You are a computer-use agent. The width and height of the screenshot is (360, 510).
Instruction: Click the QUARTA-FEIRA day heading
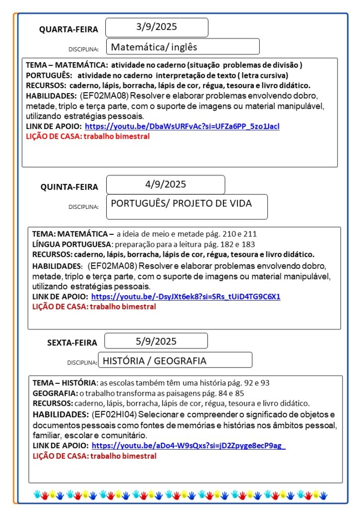click(69, 29)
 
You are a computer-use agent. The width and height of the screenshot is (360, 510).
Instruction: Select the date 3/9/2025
click(157, 27)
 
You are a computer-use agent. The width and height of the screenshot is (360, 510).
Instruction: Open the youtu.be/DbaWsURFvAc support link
click(182, 126)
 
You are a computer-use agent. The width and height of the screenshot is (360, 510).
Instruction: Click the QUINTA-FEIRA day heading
click(69, 187)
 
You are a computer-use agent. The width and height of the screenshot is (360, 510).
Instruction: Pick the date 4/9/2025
click(166, 184)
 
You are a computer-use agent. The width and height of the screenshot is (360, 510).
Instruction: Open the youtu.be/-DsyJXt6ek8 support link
click(185, 296)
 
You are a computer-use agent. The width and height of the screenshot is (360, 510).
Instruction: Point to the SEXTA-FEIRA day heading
click(72, 342)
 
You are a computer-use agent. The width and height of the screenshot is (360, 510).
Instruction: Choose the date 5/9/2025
click(156, 341)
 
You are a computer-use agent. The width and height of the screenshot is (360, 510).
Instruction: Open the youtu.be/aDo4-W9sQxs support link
click(188, 446)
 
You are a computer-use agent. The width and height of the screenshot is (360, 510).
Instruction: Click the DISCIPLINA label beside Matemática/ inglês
click(83, 49)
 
